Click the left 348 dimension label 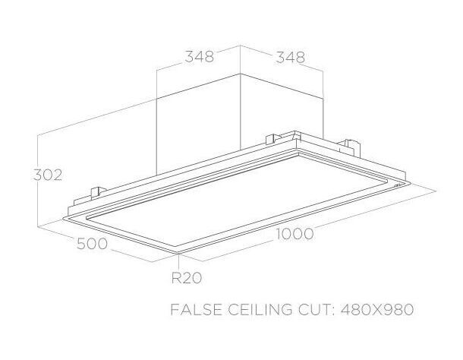coord(200,57)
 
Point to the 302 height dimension coord(47,174)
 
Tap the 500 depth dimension coord(92,244)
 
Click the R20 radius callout coord(186,277)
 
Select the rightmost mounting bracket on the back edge coord(350,144)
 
